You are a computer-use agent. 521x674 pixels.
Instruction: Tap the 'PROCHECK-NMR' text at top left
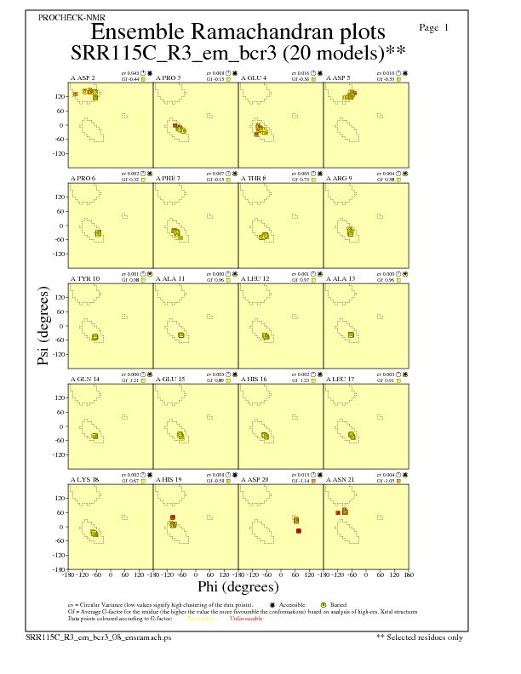(67, 18)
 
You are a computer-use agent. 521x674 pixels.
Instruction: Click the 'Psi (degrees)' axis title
(44, 327)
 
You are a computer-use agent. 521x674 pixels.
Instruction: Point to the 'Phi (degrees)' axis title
(238, 586)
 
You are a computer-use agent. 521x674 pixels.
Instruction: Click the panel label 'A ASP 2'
(83, 77)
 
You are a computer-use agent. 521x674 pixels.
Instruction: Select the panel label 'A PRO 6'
(83, 178)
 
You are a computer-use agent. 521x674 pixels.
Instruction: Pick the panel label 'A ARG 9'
(342, 178)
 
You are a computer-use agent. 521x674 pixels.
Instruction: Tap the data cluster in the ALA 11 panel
(181, 335)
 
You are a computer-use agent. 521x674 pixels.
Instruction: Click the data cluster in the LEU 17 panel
(352, 436)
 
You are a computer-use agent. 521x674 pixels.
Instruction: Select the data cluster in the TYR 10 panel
(95, 337)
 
